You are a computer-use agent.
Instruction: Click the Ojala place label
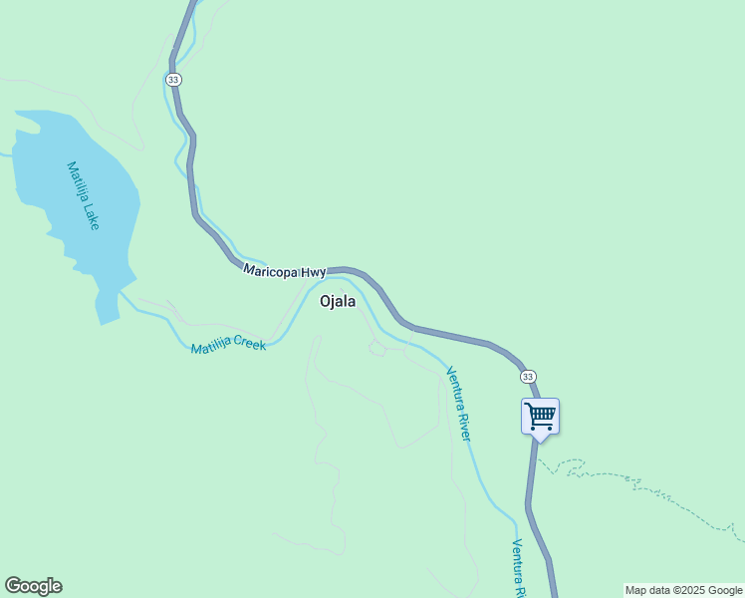tap(338, 302)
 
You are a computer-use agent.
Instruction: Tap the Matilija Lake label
tap(84, 195)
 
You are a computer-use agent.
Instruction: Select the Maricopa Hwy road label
tap(284, 271)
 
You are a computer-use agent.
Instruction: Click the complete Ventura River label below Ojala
tap(458, 405)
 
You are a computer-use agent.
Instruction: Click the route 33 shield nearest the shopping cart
tap(528, 376)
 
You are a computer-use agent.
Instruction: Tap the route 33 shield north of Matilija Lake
tap(174, 79)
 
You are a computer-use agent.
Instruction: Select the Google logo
tap(33, 586)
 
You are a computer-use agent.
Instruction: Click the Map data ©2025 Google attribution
tap(683, 590)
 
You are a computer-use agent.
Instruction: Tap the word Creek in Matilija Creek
tap(250, 346)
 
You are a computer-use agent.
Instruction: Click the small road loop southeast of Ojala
tap(376, 347)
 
